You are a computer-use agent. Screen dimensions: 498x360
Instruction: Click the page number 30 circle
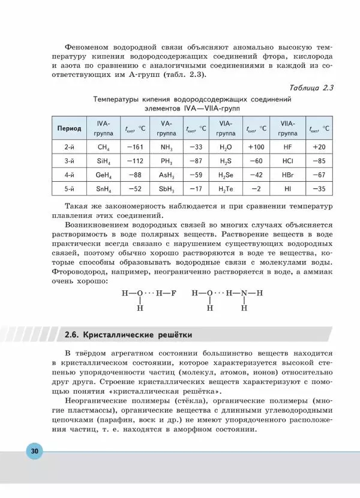(34, 451)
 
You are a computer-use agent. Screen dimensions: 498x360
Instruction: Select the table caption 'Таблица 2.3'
(311, 88)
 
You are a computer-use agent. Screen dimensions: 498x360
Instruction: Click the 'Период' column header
(69, 128)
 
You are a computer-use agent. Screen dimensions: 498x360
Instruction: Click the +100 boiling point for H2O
(256, 146)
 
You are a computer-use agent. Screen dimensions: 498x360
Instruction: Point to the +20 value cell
(319, 146)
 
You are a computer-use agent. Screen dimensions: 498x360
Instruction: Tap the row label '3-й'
(69, 161)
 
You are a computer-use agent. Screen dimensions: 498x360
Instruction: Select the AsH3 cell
(166, 175)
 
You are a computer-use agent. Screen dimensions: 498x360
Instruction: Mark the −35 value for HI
(319, 189)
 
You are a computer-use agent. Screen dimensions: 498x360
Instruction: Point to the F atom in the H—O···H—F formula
(174, 294)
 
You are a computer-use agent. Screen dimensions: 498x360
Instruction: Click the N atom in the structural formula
(244, 294)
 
